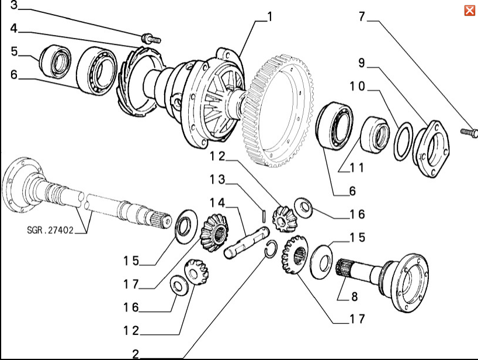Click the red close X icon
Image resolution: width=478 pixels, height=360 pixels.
(x=469, y=11)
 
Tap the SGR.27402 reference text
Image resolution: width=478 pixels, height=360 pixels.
(x=50, y=230)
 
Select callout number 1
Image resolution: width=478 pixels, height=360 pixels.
(x=269, y=18)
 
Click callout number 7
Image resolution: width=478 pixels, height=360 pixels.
(x=362, y=16)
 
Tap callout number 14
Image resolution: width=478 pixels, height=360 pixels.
(x=217, y=203)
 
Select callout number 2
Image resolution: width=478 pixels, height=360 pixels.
(x=136, y=354)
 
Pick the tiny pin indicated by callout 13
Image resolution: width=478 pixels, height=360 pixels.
(x=264, y=215)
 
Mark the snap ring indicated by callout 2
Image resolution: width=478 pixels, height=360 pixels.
(x=271, y=248)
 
